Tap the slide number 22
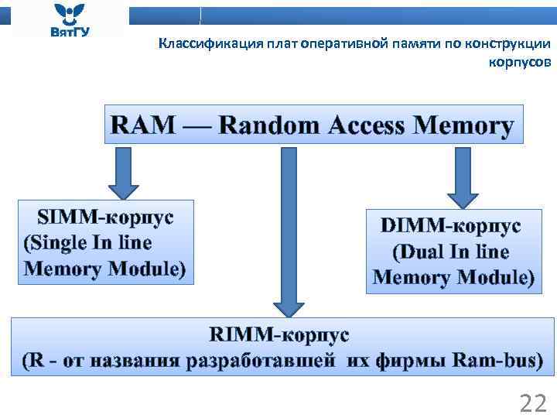[533, 403]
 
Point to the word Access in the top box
[367, 125]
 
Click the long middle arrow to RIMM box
[288, 232]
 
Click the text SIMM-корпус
[107, 216]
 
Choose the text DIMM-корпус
[450, 225]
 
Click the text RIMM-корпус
[279, 334]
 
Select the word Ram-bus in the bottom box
[497, 361]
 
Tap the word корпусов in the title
[520, 62]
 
